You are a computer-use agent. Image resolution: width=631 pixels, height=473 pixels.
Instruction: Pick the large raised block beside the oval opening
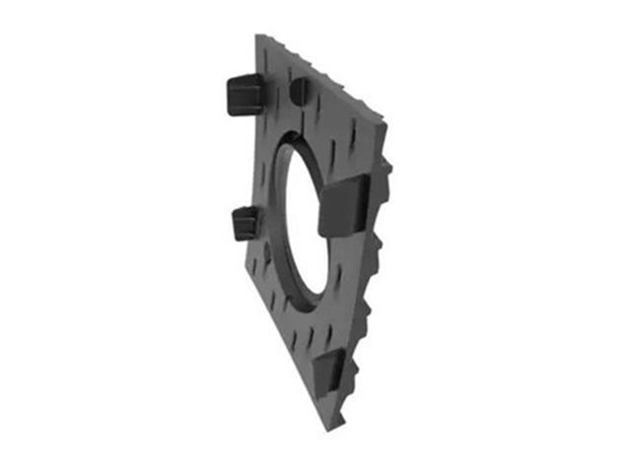(x=344, y=207)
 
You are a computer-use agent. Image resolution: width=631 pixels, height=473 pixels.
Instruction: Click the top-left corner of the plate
(x=258, y=39)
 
